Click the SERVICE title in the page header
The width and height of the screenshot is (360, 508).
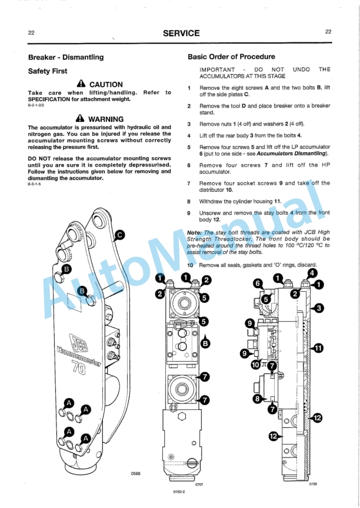tap(181, 33)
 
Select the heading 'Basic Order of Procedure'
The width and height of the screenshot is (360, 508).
tap(231, 57)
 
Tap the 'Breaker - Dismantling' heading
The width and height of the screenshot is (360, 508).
tap(66, 57)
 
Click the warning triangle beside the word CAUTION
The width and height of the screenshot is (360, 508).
tap(81, 85)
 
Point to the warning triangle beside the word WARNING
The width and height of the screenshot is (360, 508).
tap(79, 119)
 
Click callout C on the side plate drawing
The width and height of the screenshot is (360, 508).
tap(120, 235)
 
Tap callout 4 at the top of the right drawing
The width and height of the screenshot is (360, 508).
tap(312, 272)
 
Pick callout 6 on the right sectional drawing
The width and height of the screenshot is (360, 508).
tap(257, 283)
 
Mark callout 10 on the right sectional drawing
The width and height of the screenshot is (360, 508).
tap(256, 365)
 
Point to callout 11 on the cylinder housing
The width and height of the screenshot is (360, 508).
tap(318, 348)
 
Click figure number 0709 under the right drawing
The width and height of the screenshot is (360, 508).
tap(313, 484)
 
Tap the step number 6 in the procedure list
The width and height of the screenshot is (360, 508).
tap(188, 165)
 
